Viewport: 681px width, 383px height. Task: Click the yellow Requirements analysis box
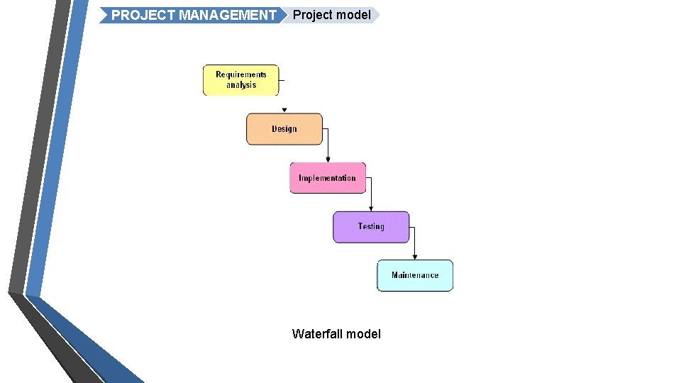241,80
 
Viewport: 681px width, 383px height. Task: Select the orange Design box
284,129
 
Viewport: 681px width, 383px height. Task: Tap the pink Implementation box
328,178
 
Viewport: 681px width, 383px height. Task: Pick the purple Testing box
371,227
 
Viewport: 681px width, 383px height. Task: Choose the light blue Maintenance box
415,275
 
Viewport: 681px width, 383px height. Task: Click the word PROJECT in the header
142,15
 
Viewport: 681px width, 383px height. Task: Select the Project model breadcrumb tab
331,15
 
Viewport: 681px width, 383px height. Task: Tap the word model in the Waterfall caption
364,333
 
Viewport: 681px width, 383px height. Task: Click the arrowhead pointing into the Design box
284,110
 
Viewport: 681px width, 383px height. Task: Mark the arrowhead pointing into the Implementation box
328,160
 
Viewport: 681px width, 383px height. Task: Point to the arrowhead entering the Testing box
371,209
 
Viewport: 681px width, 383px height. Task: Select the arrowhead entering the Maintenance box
415,257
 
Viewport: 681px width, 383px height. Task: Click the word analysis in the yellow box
241,85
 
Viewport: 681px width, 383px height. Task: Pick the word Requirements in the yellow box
241,74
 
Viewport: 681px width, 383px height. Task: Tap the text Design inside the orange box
284,129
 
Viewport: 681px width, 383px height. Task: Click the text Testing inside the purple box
371,227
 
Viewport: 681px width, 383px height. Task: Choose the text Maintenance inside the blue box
415,275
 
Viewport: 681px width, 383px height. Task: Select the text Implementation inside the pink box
328,178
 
